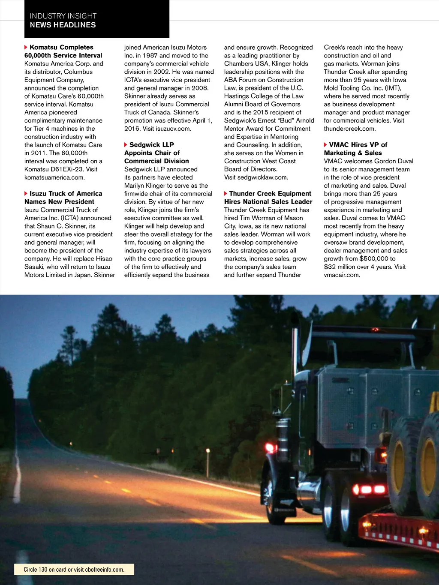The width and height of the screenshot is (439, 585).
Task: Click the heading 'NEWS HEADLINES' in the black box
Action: click(x=63, y=25)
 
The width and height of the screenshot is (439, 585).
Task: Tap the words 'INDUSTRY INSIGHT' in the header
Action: click(x=63, y=16)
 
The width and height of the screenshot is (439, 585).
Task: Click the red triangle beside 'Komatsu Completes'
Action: click(x=26, y=47)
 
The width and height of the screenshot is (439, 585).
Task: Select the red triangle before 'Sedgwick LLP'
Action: click(x=126, y=145)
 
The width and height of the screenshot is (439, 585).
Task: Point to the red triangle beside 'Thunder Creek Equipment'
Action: click(x=226, y=194)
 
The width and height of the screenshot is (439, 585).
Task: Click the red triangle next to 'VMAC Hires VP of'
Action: click(x=325, y=145)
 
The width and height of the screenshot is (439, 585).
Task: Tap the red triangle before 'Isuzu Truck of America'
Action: click(x=26, y=194)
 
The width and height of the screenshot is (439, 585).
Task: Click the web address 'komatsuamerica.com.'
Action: click(x=54, y=177)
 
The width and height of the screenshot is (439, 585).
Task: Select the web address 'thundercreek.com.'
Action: click(x=350, y=129)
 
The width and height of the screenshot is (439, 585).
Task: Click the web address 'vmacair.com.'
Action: click(x=342, y=275)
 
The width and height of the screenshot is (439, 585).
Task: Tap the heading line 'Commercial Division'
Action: click(x=156, y=161)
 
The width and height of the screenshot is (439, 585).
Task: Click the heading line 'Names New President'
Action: click(x=59, y=202)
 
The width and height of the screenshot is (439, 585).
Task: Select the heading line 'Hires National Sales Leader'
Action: click(x=268, y=202)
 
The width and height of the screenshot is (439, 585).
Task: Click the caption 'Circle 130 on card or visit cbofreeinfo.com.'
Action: click(x=74, y=570)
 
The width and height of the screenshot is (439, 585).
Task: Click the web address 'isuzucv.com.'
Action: click(x=174, y=129)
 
